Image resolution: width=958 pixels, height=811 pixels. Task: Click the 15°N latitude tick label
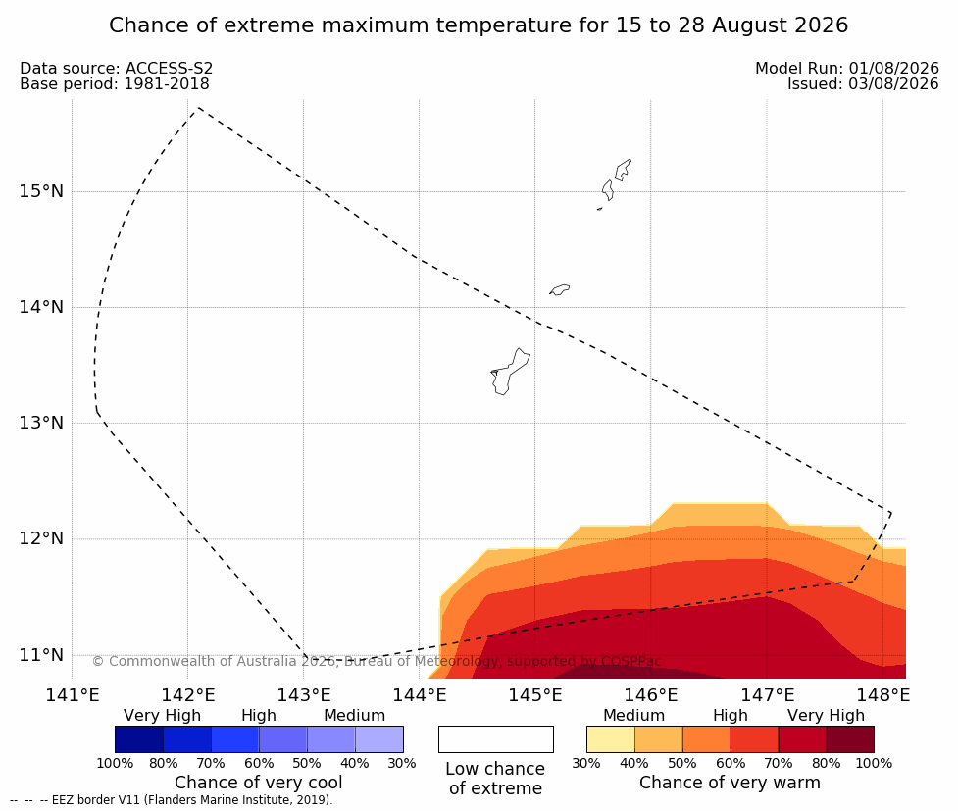click(x=41, y=191)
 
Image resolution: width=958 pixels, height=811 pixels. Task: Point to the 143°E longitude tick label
click(x=304, y=695)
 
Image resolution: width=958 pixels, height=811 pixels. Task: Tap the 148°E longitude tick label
click(x=882, y=695)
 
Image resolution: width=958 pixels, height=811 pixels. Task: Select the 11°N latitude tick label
click(x=41, y=655)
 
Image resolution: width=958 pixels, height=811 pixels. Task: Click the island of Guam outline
click(x=510, y=372)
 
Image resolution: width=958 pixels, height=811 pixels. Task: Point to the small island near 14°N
click(x=560, y=289)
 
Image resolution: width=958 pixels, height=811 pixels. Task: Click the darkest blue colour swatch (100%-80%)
click(x=139, y=739)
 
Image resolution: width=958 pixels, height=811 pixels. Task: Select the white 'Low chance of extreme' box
click(x=496, y=739)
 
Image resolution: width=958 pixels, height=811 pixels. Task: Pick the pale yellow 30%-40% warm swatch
click(x=611, y=739)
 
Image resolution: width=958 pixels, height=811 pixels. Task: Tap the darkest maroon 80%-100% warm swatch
click(x=850, y=739)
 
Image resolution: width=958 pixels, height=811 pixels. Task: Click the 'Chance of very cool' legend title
click(x=259, y=783)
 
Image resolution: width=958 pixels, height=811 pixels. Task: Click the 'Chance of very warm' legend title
click(x=730, y=783)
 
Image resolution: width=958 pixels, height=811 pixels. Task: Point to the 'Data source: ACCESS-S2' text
click(x=116, y=69)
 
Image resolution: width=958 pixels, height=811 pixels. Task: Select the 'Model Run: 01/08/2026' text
click(x=847, y=69)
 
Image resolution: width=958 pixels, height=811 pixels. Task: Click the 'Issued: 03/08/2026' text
click(x=863, y=84)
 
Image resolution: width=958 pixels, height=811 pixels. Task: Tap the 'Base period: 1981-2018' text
click(x=115, y=84)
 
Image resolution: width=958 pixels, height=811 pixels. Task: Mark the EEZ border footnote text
click(x=171, y=800)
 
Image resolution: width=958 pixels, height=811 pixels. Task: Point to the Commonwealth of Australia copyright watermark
click(x=377, y=661)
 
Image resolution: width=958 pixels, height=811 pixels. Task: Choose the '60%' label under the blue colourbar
click(x=259, y=763)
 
